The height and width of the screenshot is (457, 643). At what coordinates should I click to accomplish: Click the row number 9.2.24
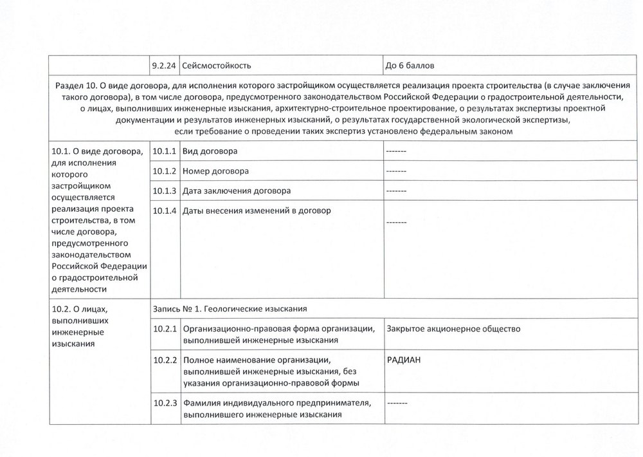click(164, 66)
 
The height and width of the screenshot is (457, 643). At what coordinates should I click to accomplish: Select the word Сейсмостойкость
click(216, 66)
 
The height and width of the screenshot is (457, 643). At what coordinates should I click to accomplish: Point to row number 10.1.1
click(165, 151)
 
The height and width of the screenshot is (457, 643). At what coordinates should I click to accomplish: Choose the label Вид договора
click(210, 151)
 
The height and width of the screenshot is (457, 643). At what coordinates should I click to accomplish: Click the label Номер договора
click(216, 171)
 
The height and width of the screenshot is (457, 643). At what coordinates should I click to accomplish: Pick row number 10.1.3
click(165, 191)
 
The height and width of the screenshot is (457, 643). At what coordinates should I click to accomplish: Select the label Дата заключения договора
click(237, 191)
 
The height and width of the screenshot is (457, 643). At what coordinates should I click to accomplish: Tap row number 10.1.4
click(165, 211)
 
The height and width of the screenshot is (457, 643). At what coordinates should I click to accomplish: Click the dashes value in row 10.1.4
click(396, 222)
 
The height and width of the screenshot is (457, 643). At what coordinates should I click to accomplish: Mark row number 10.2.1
click(165, 329)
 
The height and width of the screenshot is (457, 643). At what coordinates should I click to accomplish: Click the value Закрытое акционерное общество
click(453, 329)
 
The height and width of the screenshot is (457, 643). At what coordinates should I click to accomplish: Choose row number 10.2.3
click(165, 404)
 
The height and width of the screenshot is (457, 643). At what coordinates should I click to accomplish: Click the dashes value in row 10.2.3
click(396, 404)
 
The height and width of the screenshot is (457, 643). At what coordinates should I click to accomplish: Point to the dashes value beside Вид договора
click(396, 151)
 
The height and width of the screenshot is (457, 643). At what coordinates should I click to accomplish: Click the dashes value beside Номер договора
click(396, 171)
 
